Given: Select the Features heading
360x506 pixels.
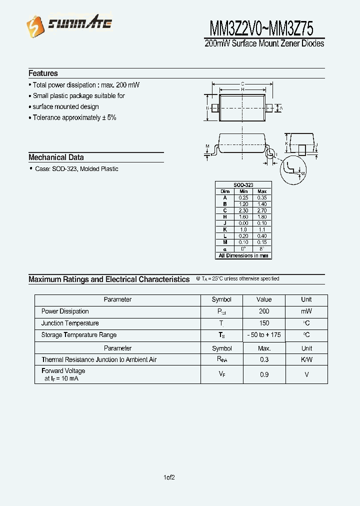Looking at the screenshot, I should [x=43, y=73].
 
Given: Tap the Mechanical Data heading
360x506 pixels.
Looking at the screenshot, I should [x=56, y=157].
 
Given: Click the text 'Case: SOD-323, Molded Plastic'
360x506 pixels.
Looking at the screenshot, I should [x=76, y=169].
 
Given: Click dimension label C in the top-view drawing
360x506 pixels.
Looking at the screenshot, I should [x=242, y=83].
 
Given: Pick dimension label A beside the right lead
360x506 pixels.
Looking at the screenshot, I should [x=281, y=108].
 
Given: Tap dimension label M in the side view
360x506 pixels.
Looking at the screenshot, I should [x=207, y=146].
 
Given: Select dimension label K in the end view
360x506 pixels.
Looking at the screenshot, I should [x=286, y=143].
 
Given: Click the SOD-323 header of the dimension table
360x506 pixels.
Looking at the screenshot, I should [x=243, y=185].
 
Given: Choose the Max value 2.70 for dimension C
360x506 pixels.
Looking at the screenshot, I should [x=262, y=210].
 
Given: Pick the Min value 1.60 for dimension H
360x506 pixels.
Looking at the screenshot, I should [x=243, y=217].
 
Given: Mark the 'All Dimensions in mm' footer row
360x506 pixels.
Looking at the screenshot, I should [x=243, y=255].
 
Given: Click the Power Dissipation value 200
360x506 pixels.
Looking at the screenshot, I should [x=263, y=311].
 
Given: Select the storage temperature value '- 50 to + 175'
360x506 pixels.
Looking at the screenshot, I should [x=263, y=335].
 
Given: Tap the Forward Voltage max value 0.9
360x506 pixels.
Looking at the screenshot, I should [x=263, y=374].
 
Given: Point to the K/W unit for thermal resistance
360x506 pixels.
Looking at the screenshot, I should [x=306, y=359].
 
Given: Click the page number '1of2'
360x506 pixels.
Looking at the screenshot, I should [x=169, y=477].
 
